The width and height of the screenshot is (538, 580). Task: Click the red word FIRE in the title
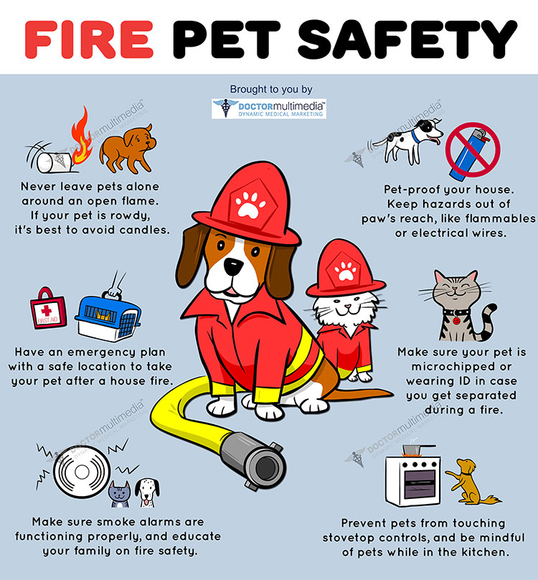tap(89, 39)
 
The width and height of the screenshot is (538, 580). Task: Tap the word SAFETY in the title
tap(407, 39)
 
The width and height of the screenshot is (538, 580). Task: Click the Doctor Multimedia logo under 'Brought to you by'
tap(269, 109)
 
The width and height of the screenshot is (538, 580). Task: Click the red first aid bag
tap(48, 309)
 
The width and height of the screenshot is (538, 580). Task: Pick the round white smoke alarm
tap(82, 472)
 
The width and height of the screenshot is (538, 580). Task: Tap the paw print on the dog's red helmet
tap(250, 204)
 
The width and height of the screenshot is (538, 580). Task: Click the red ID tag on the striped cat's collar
tap(457, 321)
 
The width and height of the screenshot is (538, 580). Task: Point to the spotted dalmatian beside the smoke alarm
tap(148, 492)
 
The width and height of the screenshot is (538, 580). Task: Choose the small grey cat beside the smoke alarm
tap(119, 494)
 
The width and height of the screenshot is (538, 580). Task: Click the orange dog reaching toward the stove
tap(470, 482)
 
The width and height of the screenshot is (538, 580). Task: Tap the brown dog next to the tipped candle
tap(128, 149)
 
